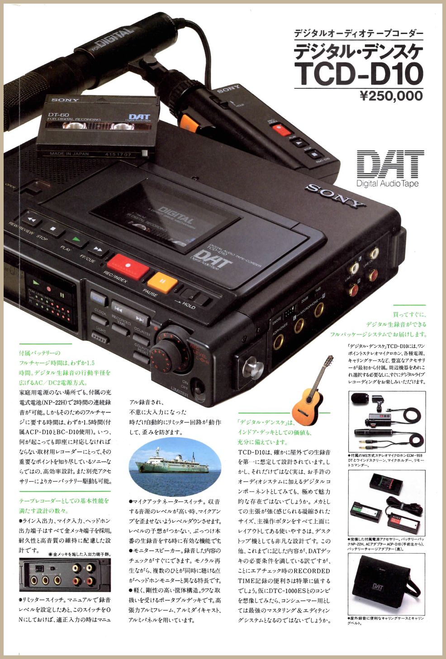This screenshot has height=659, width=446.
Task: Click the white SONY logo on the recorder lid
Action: [335, 195]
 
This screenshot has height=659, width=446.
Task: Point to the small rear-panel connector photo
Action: [64, 574]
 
